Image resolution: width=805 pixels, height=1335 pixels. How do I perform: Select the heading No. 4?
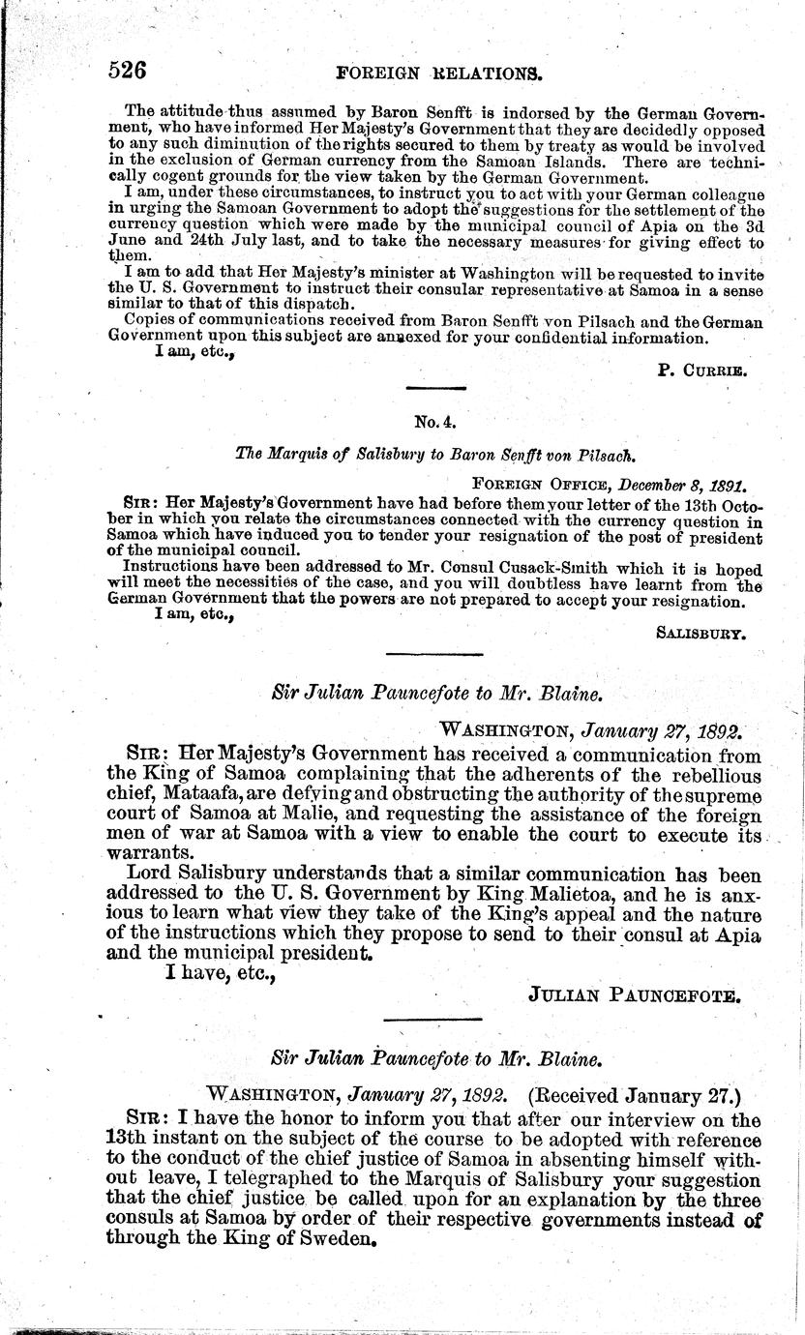coord(429,421)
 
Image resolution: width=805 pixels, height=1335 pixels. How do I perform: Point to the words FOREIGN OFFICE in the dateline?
coord(530,482)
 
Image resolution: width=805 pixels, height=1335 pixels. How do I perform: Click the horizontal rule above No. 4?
coord(429,389)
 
